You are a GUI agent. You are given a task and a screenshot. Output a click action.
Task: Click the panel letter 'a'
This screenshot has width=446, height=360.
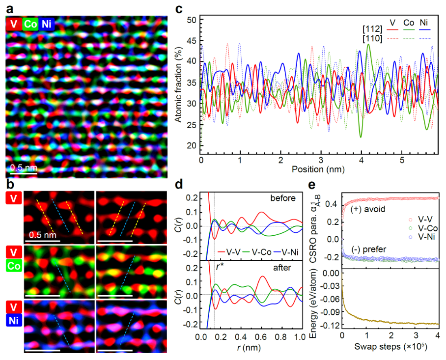[x=9, y=7]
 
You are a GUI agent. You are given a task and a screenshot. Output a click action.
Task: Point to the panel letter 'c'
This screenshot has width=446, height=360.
[x=179, y=7]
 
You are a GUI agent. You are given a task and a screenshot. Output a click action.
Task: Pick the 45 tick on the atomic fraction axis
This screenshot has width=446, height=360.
[x=193, y=41]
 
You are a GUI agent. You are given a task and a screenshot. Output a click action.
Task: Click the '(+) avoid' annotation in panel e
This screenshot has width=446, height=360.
[x=369, y=209]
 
